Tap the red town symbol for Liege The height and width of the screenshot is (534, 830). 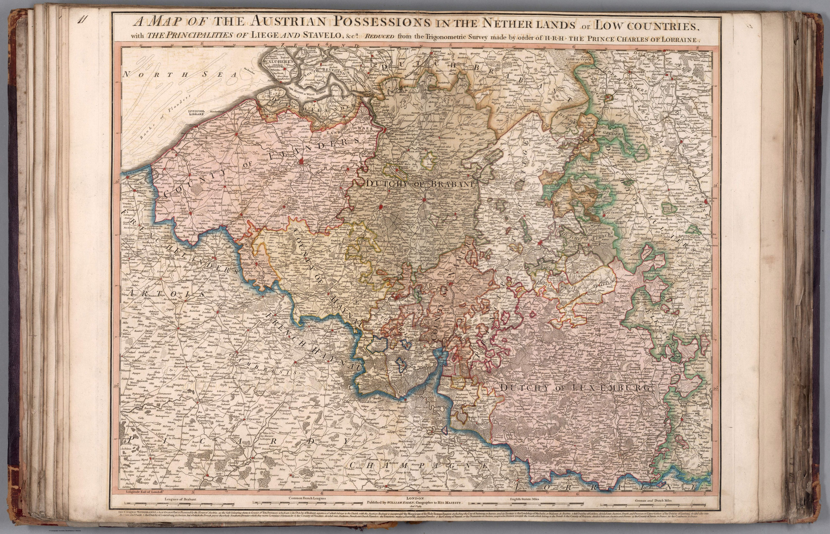[540, 244]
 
